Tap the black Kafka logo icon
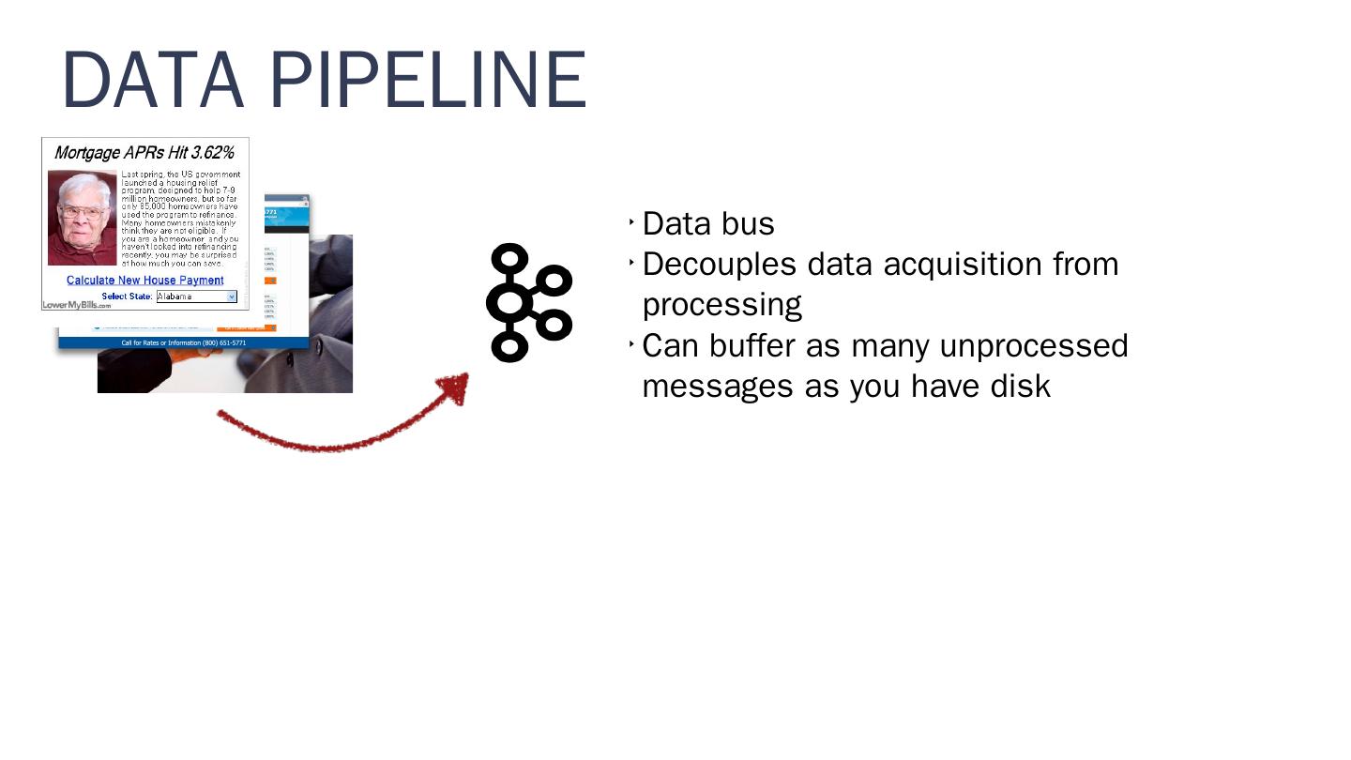[527, 303]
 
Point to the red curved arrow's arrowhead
[456, 386]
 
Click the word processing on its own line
[721, 306]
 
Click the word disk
[1021, 387]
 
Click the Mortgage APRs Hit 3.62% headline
[144, 153]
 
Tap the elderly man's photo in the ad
[83, 218]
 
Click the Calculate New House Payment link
[144, 281]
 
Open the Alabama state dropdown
[197, 296]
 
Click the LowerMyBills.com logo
[76, 305]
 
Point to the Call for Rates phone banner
[184, 343]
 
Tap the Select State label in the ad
[127, 296]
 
